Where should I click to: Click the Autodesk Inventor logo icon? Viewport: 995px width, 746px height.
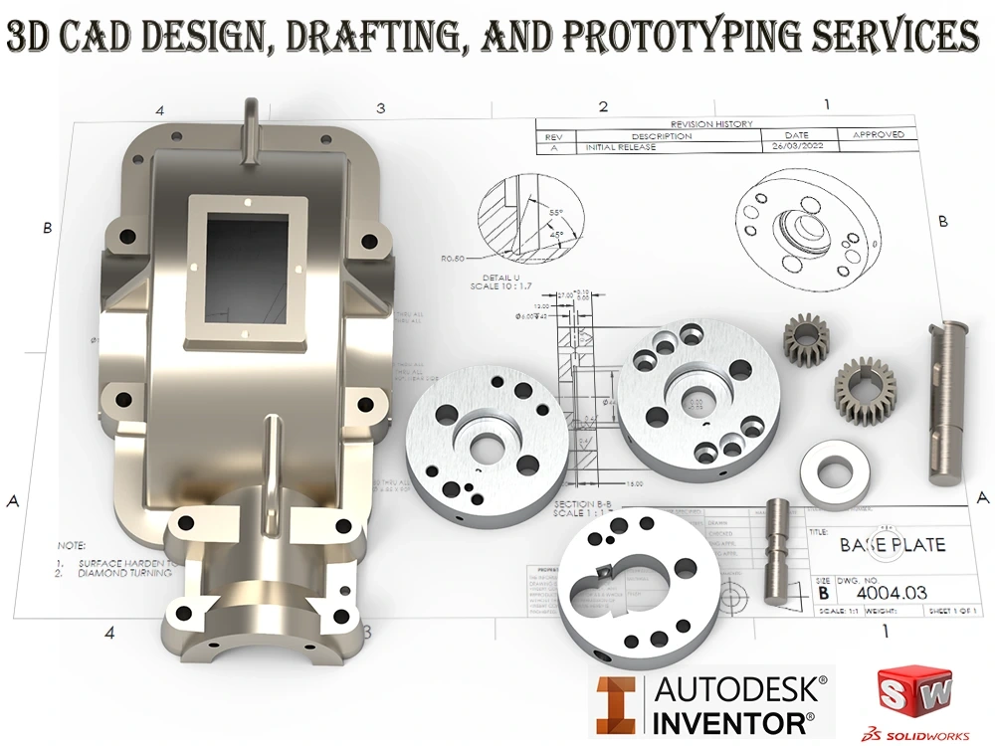619,704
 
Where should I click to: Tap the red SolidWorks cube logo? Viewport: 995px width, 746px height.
913,691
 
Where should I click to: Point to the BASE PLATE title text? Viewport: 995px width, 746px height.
893,545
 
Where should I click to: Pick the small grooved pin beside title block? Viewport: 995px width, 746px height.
779,551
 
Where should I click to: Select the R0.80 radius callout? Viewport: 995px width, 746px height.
454,258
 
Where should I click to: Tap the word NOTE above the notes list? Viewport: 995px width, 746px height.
72,545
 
